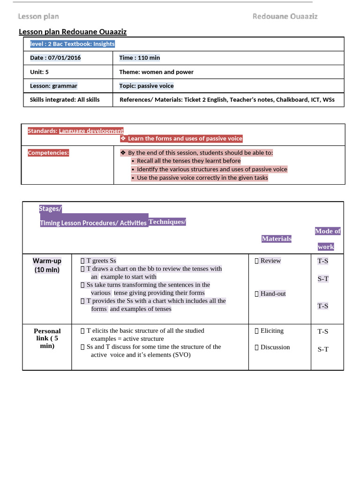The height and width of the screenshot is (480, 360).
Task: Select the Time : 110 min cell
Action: click(139, 58)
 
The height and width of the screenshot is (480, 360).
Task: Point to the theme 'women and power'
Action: click(167, 72)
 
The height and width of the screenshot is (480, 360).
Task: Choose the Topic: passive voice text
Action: click(146, 86)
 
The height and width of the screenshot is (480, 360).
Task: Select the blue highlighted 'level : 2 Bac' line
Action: click(72, 44)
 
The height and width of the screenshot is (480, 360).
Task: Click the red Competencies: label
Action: click(48, 153)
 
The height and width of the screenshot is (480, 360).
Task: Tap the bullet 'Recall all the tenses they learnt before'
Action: click(188, 161)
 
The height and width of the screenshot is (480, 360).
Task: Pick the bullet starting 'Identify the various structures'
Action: click(212, 169)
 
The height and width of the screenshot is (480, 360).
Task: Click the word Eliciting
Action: click(272, 330)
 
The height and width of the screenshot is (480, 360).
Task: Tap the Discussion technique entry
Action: click(275, 347)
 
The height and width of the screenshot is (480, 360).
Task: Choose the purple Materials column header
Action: click(276, 239)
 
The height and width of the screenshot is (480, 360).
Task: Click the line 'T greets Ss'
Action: click(101, 261)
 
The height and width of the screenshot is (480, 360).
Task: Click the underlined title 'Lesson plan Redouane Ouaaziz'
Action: click(73, 32)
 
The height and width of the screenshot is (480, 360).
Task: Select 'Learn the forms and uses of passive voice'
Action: click(185, 138)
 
